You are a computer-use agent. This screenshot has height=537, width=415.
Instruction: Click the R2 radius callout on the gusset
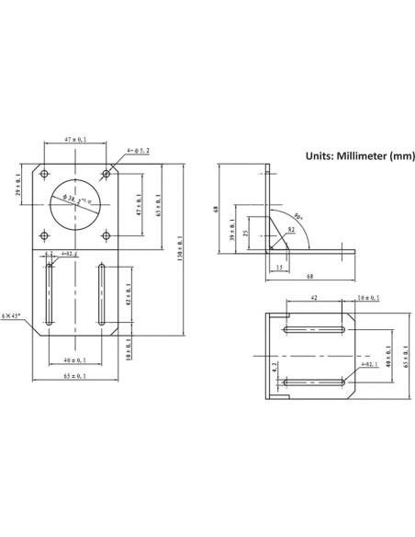coord(290,227)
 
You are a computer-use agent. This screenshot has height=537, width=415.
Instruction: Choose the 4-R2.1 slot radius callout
coord(68,254)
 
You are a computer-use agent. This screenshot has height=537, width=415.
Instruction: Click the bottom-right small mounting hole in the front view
coord(107,236)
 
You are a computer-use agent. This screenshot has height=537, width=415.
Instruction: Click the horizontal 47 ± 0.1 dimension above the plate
coord(75,139)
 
